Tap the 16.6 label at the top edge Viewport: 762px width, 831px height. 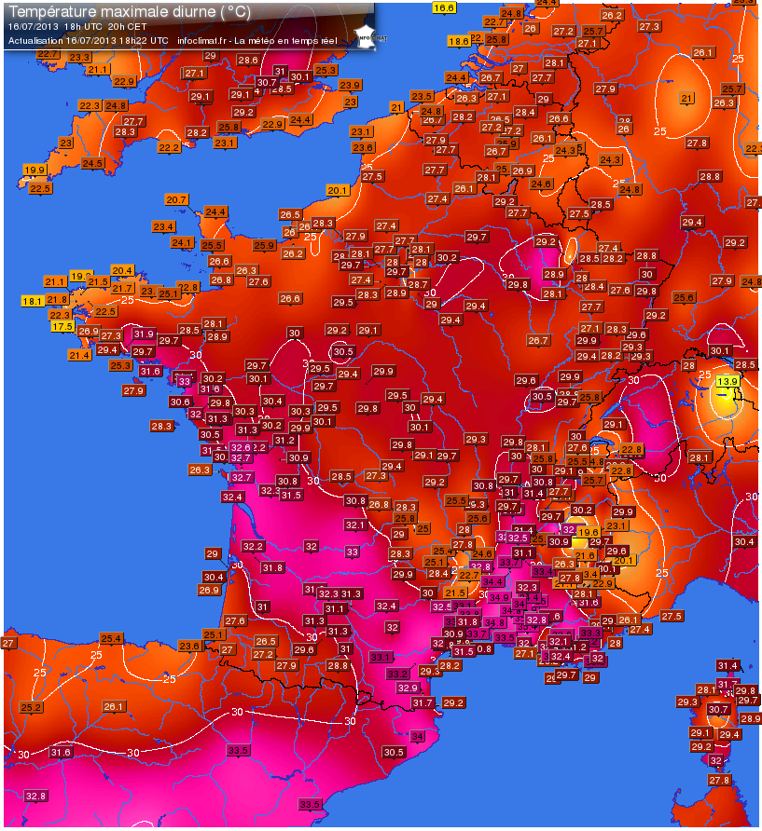point(444,7)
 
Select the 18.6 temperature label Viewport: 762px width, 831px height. point(459,41)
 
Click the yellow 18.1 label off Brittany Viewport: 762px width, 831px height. point(33,301)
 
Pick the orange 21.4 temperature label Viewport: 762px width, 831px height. point(79,355)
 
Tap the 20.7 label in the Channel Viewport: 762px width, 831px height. point(176,199)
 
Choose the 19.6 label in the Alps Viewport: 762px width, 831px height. point(589,532)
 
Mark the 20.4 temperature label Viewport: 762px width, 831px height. point(123,270)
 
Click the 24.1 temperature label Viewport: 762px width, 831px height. point(182,242)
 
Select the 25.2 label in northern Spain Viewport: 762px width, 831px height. point(32,707)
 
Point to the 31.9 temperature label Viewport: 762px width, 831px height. point(144,334)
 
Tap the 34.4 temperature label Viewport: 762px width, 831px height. point(492,581)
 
